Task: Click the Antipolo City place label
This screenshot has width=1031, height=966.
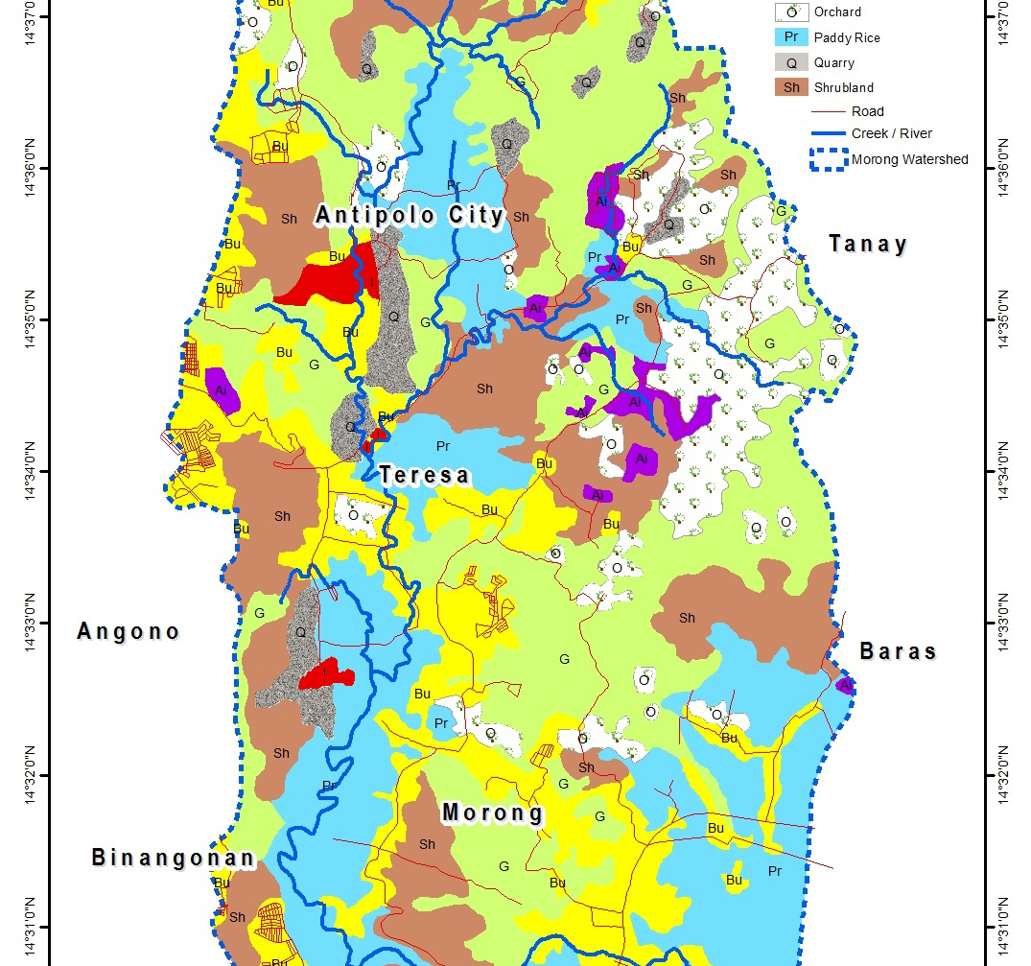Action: click(x=410, y=216)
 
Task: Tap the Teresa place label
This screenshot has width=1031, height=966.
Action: click(x=424, y=475)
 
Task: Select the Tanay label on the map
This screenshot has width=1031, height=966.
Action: click(x=868, y=244)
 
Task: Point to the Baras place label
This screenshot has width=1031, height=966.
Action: click(x=898, y=651)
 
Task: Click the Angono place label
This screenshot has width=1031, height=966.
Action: click(x=129, y=631)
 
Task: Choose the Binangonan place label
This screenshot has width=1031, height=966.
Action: click(x=174, y=858)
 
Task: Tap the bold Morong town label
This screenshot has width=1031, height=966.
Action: click(x=493, y=813)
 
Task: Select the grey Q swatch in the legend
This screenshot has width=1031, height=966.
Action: click(x=791, y=63)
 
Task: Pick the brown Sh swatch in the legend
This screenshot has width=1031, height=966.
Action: click(x=791, y=88)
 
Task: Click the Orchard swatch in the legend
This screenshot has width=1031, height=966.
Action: click(x=791, y=12)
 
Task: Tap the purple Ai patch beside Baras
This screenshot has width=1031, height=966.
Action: click(x=845, y=685)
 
